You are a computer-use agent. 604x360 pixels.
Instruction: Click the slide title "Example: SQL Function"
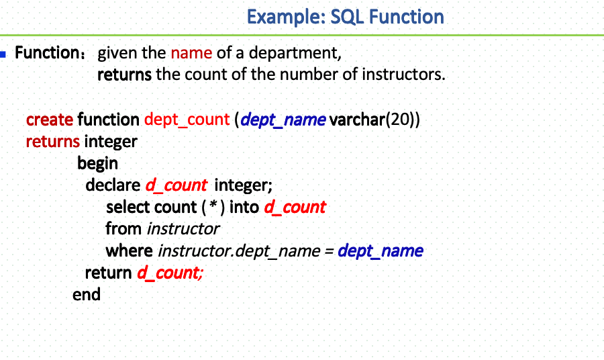pos(345,16)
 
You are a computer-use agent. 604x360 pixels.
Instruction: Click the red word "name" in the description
pos(191,52)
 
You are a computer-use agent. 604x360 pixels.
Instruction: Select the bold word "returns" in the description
pos(125,74)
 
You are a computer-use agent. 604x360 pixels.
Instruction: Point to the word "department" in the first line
pos(295,52)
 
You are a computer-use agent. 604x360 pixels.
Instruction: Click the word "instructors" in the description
pos(403,74)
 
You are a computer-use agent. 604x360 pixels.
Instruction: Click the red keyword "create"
pos(50,120)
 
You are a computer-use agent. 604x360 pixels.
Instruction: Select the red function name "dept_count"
pos(187,120)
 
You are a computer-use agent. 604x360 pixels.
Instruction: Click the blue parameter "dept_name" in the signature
pos(283,120)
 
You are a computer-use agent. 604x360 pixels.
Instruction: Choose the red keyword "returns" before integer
pos(53,142)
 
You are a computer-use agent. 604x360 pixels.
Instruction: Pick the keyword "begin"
pos(97,163)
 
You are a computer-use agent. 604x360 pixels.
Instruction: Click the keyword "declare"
pos(113,185)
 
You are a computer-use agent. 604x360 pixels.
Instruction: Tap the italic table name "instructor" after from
pos(183,228)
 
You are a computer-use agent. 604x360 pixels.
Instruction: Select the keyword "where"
pos(129,251)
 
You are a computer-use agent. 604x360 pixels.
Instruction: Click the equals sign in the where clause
pos(329,251)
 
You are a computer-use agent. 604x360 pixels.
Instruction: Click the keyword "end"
pos(87,294)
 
